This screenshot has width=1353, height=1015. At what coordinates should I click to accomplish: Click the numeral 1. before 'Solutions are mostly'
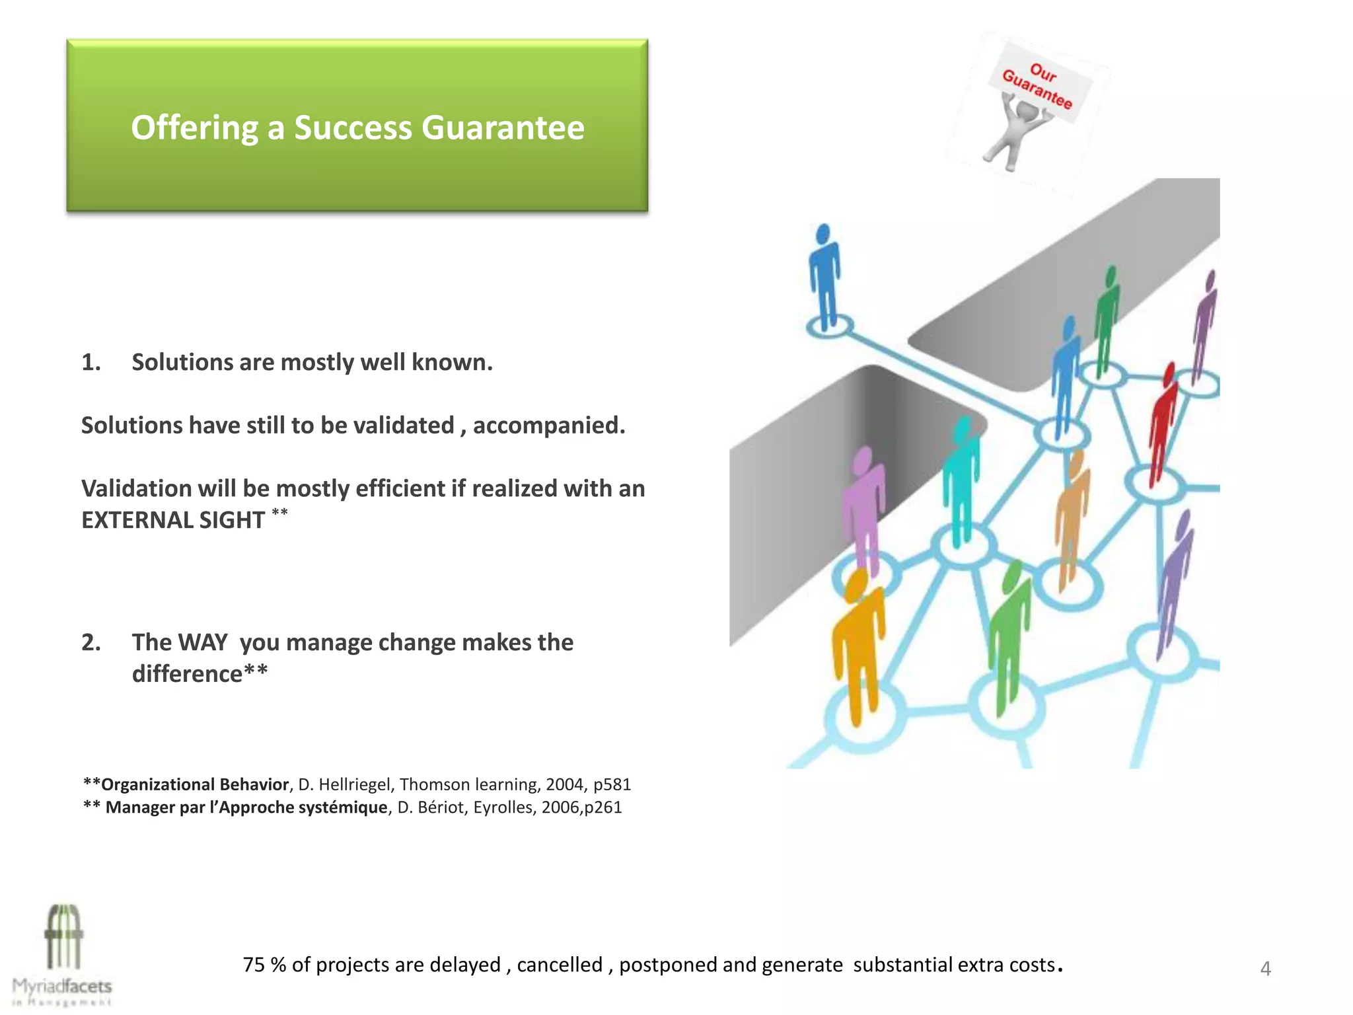click(x=91, y=362)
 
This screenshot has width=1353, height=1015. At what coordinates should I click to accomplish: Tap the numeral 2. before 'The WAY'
click(x=91, y=642)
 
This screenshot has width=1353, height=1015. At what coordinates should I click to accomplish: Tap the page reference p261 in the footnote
click(x=603, y=808)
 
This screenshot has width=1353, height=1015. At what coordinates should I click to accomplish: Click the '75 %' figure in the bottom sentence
click(x=264, y=965)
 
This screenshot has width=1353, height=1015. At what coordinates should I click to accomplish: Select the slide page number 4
click(x=1265, y=969)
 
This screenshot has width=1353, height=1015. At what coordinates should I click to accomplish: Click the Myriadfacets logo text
click(x=62, y=987)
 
